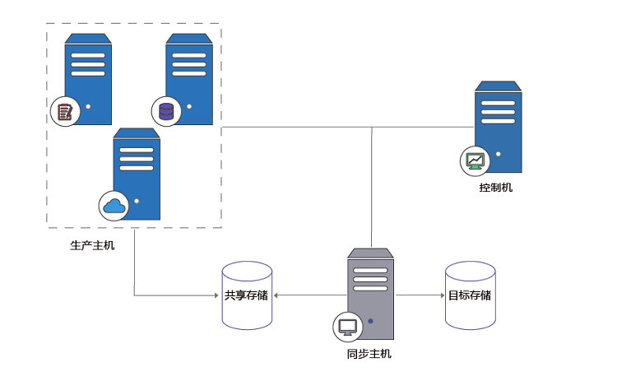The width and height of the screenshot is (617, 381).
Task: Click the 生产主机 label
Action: (93, 245)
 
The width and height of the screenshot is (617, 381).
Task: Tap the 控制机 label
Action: (496, 188)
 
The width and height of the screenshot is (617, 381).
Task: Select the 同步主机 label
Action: (369, 355)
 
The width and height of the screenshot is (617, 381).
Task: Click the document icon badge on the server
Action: (63, 111)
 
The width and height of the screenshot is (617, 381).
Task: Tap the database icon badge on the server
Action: (165, 110)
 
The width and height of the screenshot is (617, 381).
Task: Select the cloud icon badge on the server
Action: (114, 206)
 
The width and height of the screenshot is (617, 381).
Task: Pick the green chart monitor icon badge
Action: (474, 160)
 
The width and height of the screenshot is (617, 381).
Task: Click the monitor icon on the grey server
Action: (347, 326)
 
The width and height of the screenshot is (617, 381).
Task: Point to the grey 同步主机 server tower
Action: (371, 292)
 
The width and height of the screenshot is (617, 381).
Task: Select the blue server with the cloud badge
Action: (137, 173)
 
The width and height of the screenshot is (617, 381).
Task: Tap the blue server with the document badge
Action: (89, 78)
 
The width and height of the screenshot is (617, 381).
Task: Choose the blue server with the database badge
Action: (190, 78)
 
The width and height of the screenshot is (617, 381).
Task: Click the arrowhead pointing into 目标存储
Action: (440, 295)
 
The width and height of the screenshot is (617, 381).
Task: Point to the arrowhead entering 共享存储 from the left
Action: (216, 295)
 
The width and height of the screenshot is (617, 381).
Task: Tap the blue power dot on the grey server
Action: (370, 321)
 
